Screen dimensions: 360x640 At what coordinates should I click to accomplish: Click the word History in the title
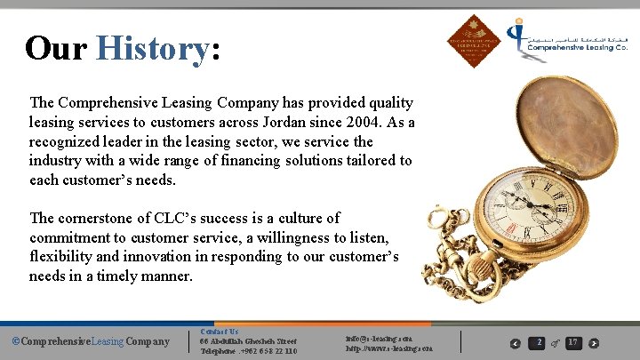pos(152,48)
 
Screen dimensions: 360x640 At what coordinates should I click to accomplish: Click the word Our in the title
pos(56,48)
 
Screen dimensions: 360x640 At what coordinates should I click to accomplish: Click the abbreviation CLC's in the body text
pos(168,218)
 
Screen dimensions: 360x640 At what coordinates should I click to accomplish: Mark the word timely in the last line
pos(143,276)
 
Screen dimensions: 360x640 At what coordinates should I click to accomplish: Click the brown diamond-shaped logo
pos(474,40)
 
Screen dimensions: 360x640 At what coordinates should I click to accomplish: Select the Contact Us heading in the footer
pos(218,332)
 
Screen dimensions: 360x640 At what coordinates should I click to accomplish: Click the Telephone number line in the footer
pos(248,351)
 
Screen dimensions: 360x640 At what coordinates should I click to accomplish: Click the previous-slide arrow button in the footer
pos(516,343)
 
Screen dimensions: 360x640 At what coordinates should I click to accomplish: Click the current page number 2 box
pos(537,342)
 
